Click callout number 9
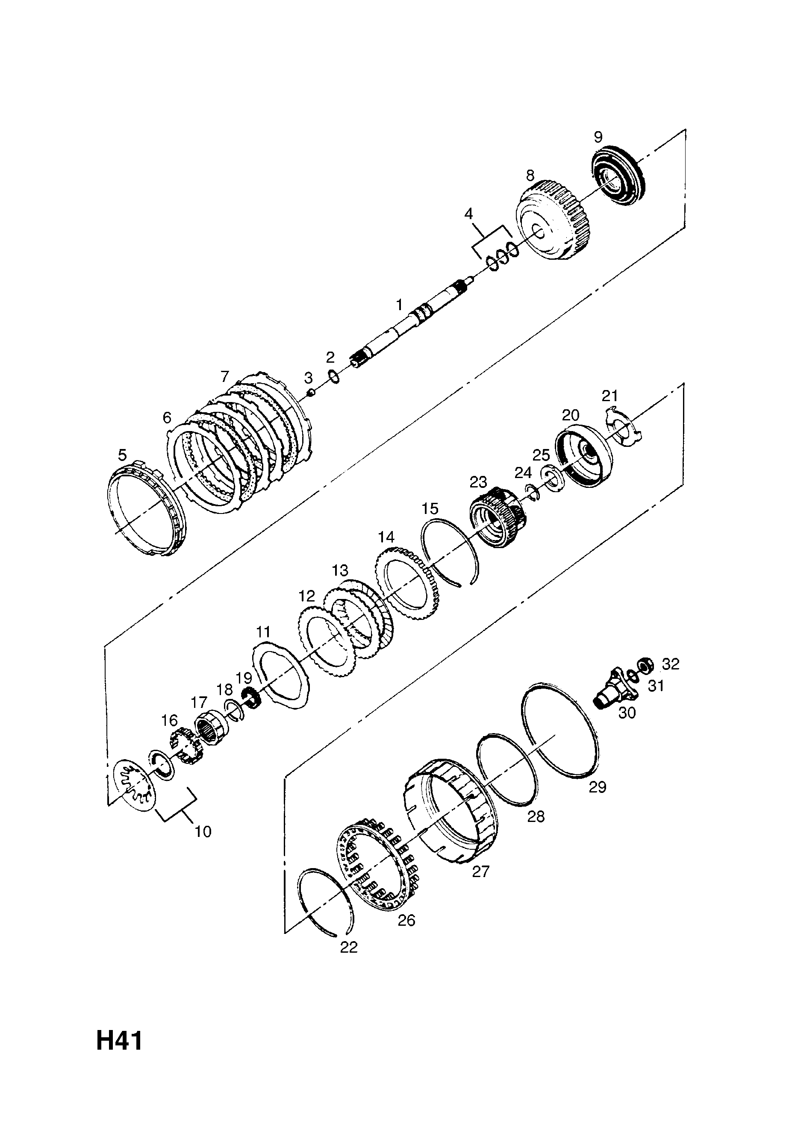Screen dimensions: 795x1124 [598, 137]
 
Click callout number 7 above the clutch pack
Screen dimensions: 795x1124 [225, 376]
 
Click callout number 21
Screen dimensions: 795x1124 [610, 396]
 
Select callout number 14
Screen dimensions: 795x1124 [386, 537]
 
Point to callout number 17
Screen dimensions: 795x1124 [199, 702]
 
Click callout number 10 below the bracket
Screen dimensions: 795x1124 [203, 831]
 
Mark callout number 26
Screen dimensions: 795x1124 [406, 920]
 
